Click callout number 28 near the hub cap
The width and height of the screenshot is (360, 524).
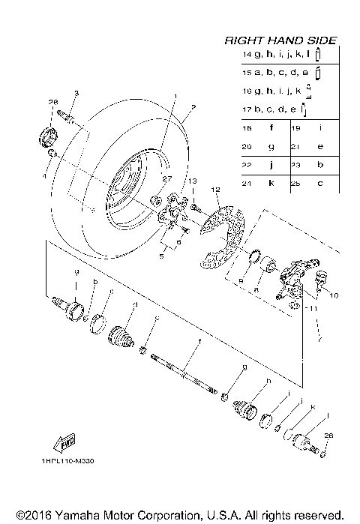52,102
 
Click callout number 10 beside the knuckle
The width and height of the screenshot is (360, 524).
333,295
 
